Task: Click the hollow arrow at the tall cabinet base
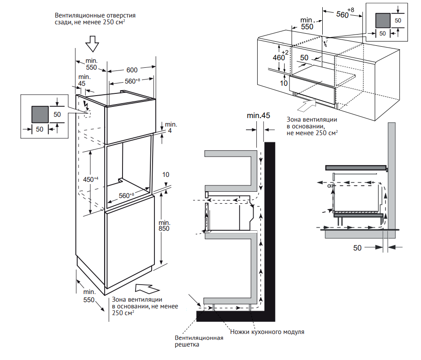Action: [146, 288]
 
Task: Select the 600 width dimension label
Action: [132, 70]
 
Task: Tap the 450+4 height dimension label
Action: [91, 179]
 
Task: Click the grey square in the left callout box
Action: [39, 114]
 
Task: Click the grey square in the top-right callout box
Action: [383, 21]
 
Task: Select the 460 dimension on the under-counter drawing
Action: [279, 58]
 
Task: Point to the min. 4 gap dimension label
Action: [171, 127]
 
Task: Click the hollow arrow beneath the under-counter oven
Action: [307, 106]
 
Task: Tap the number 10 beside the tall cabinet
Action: [166, 174]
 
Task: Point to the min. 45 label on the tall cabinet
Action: [82, 80]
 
